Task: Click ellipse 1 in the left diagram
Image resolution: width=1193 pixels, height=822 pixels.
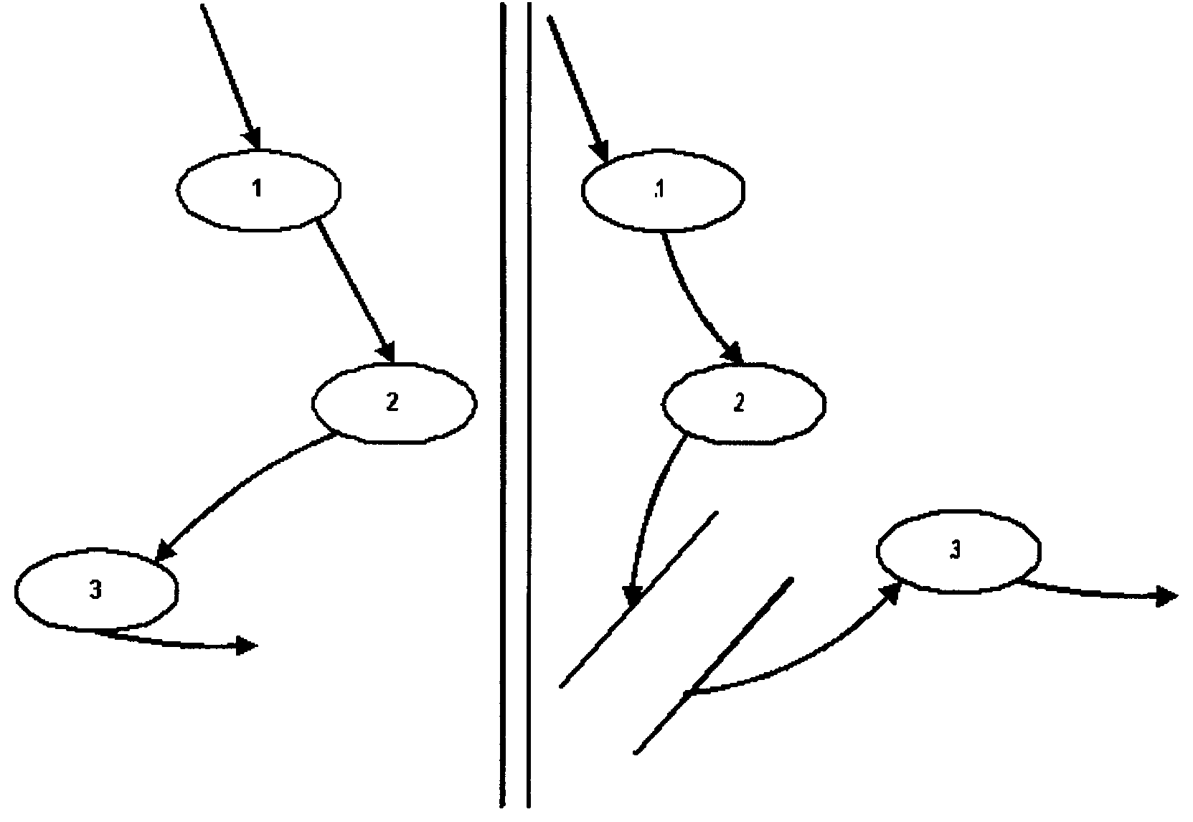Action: tap(258, 190)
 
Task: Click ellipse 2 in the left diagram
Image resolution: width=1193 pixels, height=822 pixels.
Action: tap(393, 403)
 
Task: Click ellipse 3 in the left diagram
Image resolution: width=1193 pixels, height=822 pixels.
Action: tap(96, 590)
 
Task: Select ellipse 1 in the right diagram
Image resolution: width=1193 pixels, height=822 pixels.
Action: tap(662, 190)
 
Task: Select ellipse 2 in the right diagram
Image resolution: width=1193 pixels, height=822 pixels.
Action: tap(743, 403)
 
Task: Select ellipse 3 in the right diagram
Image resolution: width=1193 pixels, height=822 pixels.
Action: tap(958, 551)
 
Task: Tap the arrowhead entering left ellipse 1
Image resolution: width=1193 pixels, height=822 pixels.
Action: tap(253, 138)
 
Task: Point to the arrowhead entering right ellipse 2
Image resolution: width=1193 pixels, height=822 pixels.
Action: tap(732, 353)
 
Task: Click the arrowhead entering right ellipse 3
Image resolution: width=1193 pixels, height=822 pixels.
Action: tap(892, 592)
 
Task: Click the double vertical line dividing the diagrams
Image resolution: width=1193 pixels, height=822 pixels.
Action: tap(516, 409)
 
